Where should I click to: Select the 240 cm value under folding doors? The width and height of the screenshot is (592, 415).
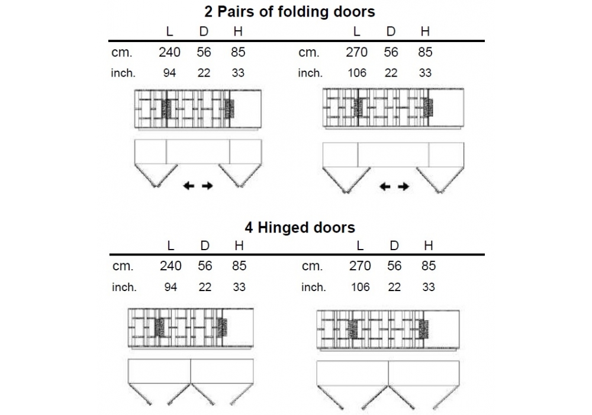coord(169,52)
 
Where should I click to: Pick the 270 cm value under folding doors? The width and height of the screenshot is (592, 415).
coord(356,52)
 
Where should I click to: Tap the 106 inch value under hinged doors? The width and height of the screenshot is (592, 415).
coord(360,287)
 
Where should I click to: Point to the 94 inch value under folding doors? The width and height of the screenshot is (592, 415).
coord(170,74)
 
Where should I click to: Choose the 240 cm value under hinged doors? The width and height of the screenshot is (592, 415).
coord(170,266)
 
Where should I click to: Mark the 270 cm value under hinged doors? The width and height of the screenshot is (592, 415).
coord(360,266)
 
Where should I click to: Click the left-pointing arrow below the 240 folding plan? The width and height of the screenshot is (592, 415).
coord(189,186)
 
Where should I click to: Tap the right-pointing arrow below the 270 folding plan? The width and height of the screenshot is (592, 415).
coord(404,187)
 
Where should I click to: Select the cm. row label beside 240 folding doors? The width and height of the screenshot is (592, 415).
coord(122,53)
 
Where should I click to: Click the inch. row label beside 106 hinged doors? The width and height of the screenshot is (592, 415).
coord(313,288)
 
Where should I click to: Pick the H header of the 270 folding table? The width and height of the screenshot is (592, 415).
coord(425,32)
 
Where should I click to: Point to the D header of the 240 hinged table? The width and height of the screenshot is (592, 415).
coord(205,245)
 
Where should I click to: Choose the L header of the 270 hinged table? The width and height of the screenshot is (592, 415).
coord(361,245)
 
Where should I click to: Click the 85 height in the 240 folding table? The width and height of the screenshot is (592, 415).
coord(238,52)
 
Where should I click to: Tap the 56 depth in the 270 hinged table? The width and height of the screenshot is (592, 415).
coord(394,266)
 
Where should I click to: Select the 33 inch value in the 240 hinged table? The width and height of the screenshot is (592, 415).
coord(239,287)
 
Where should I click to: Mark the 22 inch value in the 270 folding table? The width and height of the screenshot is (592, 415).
coord(391,74)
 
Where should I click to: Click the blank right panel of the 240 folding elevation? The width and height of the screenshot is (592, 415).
coord(245,108)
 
